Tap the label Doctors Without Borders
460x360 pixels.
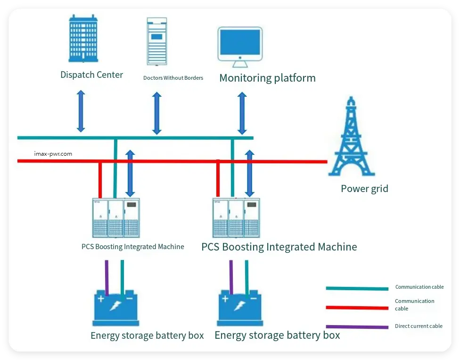[x=173, y=78]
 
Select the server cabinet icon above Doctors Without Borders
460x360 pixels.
[x=157, y=42]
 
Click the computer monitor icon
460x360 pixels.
[x=240, y=44]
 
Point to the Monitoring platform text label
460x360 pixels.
[x=267, y=78]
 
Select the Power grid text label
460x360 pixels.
[x=364, y=189]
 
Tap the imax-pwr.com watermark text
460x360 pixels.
[x=53, y=154]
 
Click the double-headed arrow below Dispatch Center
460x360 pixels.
[x=81, y=111]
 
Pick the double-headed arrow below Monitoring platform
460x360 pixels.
[x=242, y=113]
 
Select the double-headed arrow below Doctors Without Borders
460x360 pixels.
[x=157, y=113]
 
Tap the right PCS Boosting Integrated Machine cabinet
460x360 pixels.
[x=236, y=218]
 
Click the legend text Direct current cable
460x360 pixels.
[x=419, y=326]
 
